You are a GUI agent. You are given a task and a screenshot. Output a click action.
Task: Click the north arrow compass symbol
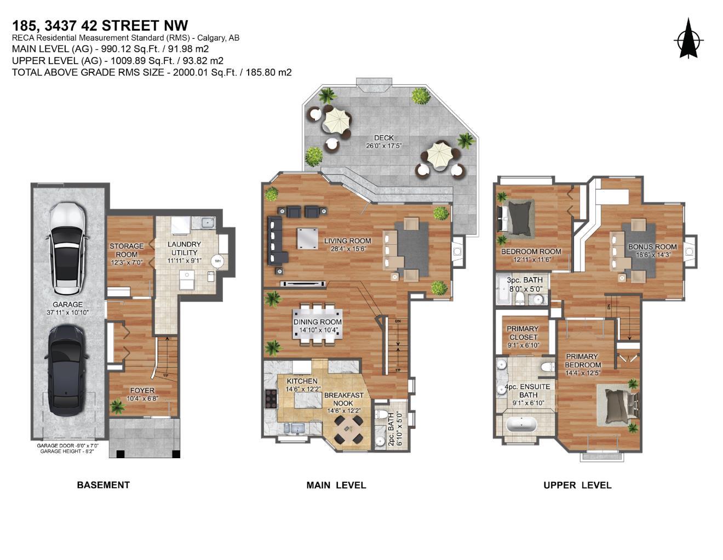pos(688,39)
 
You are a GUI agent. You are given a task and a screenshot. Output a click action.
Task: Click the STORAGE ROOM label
pos(127,250)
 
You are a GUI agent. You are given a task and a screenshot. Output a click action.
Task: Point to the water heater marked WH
pos(217,261)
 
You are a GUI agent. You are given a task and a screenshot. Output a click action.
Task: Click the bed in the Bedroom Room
pos(517,216)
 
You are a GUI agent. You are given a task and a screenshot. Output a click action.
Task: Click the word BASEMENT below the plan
pos(103,485)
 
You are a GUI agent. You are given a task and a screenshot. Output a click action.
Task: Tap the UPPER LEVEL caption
pos(577,485)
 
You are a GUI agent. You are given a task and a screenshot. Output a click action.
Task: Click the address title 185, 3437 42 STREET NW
pos(100,26)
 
